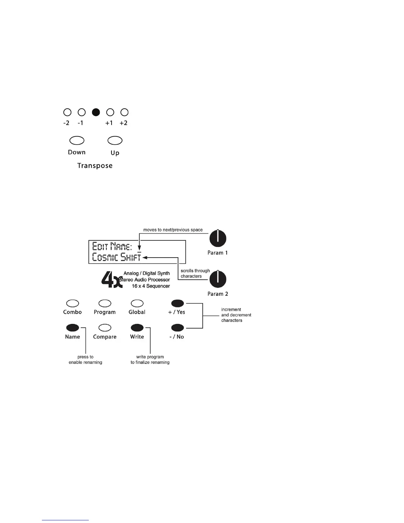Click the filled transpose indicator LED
click(96, 112)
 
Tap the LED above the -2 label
click(67, 112)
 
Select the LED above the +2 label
click(124, 112)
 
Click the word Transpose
click(95, 166)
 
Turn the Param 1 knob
click(218, 238)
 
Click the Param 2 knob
click(218, 279)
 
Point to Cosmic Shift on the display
click(117, 257)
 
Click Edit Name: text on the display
click(112, 246)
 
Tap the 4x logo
click(112, 280)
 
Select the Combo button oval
click(73, 303)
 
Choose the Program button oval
click(105, 303)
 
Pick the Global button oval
click(137, 303)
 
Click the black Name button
click(73, 328)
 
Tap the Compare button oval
click(105, 328)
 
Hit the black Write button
click(137, 328)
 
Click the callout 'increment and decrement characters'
click(236, 315)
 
